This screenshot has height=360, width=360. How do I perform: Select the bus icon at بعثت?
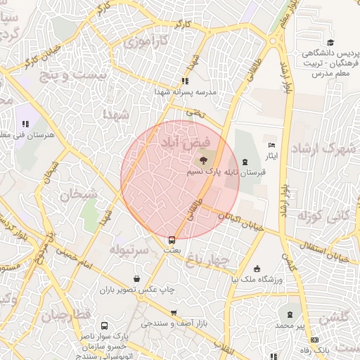pyautogui.click(x=172, y=238)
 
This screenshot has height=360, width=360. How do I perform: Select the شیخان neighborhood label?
pyautogui.click(x=73, y=195)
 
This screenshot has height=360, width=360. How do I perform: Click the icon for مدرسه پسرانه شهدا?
pyautogui.click(x=184, y=81)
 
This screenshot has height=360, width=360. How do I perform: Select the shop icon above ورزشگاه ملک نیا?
pyautogui.click(x=257, y=268)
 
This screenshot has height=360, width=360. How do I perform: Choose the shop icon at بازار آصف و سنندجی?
pyautogui.click(x=173, y=313)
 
